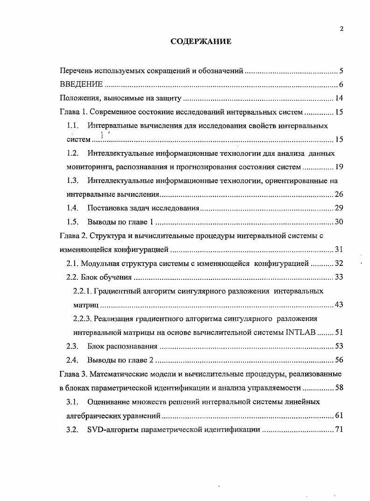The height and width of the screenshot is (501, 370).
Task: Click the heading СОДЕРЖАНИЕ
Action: tap(201, 42)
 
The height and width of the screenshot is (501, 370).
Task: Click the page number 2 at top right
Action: tap(342, 29)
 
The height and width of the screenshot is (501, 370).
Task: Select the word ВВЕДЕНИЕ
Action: tap(82, 84)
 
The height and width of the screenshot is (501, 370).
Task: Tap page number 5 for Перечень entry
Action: tap(342, 71)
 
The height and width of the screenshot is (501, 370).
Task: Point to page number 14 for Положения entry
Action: tap(339, 98)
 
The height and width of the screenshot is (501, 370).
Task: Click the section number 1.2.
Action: tap(72, 153)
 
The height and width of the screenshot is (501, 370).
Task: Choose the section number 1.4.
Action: tap(72, 208)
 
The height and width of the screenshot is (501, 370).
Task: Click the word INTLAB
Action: tap(301, 332)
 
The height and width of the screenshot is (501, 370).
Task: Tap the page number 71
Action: tap(339, 429)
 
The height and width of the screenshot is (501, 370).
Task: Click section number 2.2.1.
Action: tap(83, 291)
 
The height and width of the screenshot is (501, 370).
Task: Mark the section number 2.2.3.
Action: tap(83, 319)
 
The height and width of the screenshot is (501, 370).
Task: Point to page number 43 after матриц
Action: tap(339, 305)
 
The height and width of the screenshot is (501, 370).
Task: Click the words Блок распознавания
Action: tap(122, 346)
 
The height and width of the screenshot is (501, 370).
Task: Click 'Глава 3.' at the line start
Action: tap(73, 374)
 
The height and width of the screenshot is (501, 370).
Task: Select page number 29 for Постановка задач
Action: tap(339, 208)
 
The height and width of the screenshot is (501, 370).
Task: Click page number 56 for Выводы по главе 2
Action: tap(339, 360)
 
